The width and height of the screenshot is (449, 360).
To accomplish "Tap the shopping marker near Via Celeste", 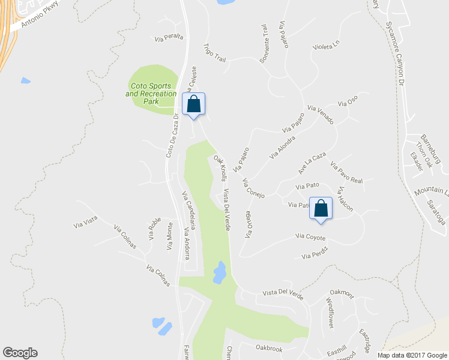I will click(x=193, y=104).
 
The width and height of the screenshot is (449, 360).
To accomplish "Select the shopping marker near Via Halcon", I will click(x=321, y=209).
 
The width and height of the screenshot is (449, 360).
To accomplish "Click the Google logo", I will click(x=20, y=353).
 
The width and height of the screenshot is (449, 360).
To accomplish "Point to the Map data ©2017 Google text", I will click(x=412, y=355).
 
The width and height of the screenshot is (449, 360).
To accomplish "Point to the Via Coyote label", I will click(x=310, y=237).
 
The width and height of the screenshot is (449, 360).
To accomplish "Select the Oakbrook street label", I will click(x=268, y=348).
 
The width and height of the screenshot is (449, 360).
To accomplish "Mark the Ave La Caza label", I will click(x=312, y=163).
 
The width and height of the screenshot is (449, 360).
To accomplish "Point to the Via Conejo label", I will click(x=254, y=188).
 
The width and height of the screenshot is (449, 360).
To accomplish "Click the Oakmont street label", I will click(x=342, y=293).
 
